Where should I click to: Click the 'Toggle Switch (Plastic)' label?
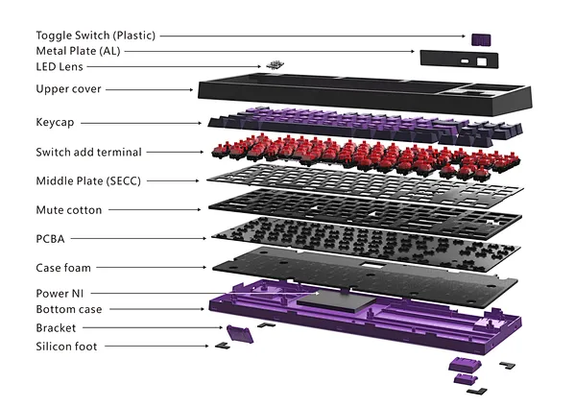point(96,36)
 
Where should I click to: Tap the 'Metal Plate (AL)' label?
point(78,51)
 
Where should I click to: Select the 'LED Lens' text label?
point(60,67)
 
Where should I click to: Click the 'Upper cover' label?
point(68,89)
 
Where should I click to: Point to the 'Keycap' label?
point(55,123)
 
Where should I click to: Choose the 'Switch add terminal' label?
point(88,153)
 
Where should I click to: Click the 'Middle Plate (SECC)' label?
point(88,181)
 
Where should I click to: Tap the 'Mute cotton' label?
point(69,210)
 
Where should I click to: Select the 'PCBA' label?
point(50,239)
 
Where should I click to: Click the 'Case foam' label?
point(63,268)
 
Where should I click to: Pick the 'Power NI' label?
point(60,294)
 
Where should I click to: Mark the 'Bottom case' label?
point(69,309)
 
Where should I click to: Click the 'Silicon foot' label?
point(66,347)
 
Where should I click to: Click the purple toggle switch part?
point(481,39)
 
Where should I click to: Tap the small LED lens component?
point(276,65)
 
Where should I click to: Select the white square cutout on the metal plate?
point(482,61)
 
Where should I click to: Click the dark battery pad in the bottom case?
point(336,300)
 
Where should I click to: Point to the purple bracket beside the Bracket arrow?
point(240,334)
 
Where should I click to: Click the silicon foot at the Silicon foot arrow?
point(223,346)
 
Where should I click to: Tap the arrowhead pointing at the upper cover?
point(191,89)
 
